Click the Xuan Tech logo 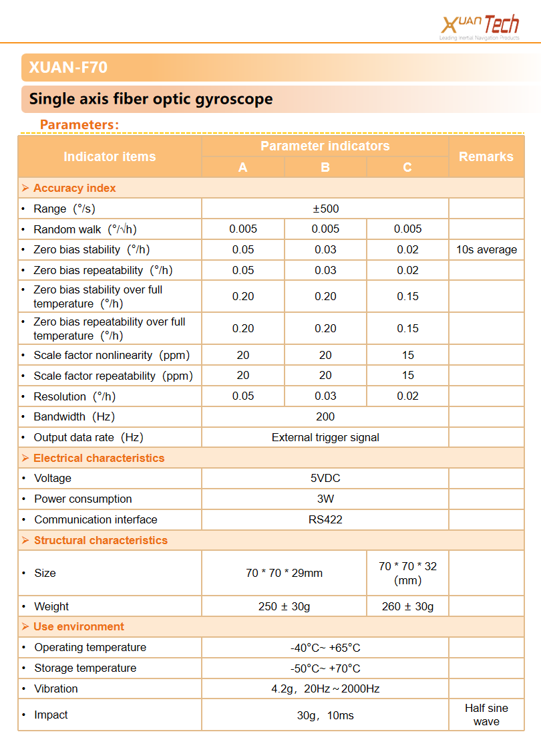(x=480, y=26)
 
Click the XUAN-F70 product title (x=68, y=68)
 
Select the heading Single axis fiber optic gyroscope (x=151, y=100)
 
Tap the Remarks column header (x=486, y=156)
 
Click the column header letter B (x=325, y=167)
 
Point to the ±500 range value (x=325, y=209)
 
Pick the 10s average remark (x=486, y=250)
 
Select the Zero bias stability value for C (x=407, y=250)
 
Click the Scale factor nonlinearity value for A (x=243, y=355)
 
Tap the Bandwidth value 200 (x=325, y=416)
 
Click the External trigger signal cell (x=325, y=438)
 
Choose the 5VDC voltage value (x=325, y=479)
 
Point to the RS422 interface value (x=325, y=519)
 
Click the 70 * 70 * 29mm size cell (x=284, y=573)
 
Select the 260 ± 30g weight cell (x=407, y=606)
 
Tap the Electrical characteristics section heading (x=98, y=458)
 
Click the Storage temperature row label (x=85, y=668)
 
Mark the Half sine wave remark (x=486, y=715)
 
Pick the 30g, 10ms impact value (x=325, y=715)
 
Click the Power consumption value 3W (x=325, y=499)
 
